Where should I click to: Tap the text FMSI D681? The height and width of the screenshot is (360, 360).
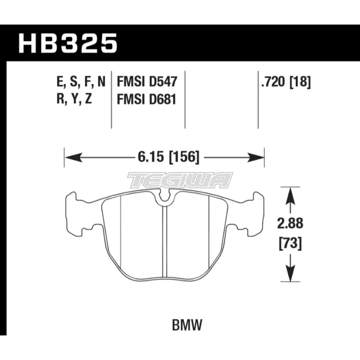pos(147,99)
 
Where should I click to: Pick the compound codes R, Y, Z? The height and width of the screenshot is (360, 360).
pos(74,99)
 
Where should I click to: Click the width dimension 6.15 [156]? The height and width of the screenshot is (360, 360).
pos(163,157)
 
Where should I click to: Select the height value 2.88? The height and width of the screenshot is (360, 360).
pos(290,224)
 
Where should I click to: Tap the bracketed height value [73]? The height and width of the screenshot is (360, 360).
pos(290,244)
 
